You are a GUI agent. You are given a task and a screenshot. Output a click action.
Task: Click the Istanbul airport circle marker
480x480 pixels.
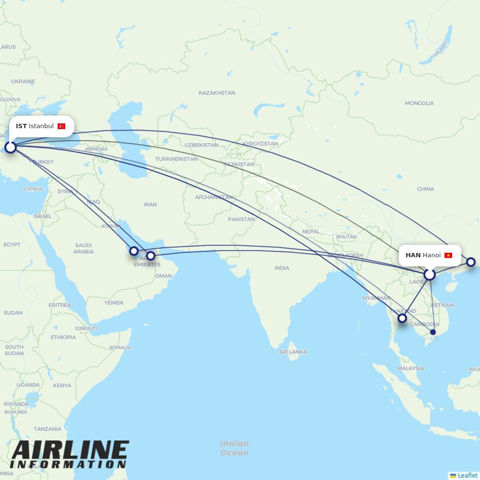(x=11, y=147)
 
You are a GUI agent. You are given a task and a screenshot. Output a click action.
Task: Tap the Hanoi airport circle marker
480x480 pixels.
(x=430, y=275)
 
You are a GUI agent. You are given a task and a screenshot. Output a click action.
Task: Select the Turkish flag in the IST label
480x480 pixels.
(x=61, y=126)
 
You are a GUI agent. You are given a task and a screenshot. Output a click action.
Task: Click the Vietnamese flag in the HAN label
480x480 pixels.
(x=448, y=255)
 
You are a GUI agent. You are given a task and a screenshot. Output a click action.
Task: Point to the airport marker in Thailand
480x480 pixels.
(x=402, y=318)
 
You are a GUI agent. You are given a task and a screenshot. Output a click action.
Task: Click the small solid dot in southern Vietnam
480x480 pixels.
(x=433, y=332)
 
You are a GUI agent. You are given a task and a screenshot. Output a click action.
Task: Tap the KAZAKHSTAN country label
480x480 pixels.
(x=217, y=93)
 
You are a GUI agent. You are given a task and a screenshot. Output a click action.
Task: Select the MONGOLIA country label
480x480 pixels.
(x=419, y=103)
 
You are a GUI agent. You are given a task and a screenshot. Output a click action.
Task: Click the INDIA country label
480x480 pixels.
(x=282, y=268)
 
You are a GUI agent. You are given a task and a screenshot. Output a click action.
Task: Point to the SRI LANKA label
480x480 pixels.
(x=293, y=352)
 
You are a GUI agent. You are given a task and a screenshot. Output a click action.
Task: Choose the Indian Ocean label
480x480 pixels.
(x=235, y=448)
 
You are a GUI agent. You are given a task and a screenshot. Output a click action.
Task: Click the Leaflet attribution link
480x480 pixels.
(x=467, y=475)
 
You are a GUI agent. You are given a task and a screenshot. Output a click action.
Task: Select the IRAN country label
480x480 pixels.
(x=150, y=204)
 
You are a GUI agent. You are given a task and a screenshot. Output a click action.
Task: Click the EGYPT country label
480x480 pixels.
(x=12, y=245)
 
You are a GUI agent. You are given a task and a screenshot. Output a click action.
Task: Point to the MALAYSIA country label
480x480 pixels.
(x=410, y=368)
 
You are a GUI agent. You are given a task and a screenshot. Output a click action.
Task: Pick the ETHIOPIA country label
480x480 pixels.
(x=63, y=337)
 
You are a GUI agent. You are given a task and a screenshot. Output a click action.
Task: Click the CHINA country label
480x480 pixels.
(x=425, y=189)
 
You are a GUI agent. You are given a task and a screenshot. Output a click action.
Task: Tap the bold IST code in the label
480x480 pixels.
(x=21, y=126)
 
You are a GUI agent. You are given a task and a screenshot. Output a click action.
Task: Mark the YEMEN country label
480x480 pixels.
(x=114, y=303)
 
